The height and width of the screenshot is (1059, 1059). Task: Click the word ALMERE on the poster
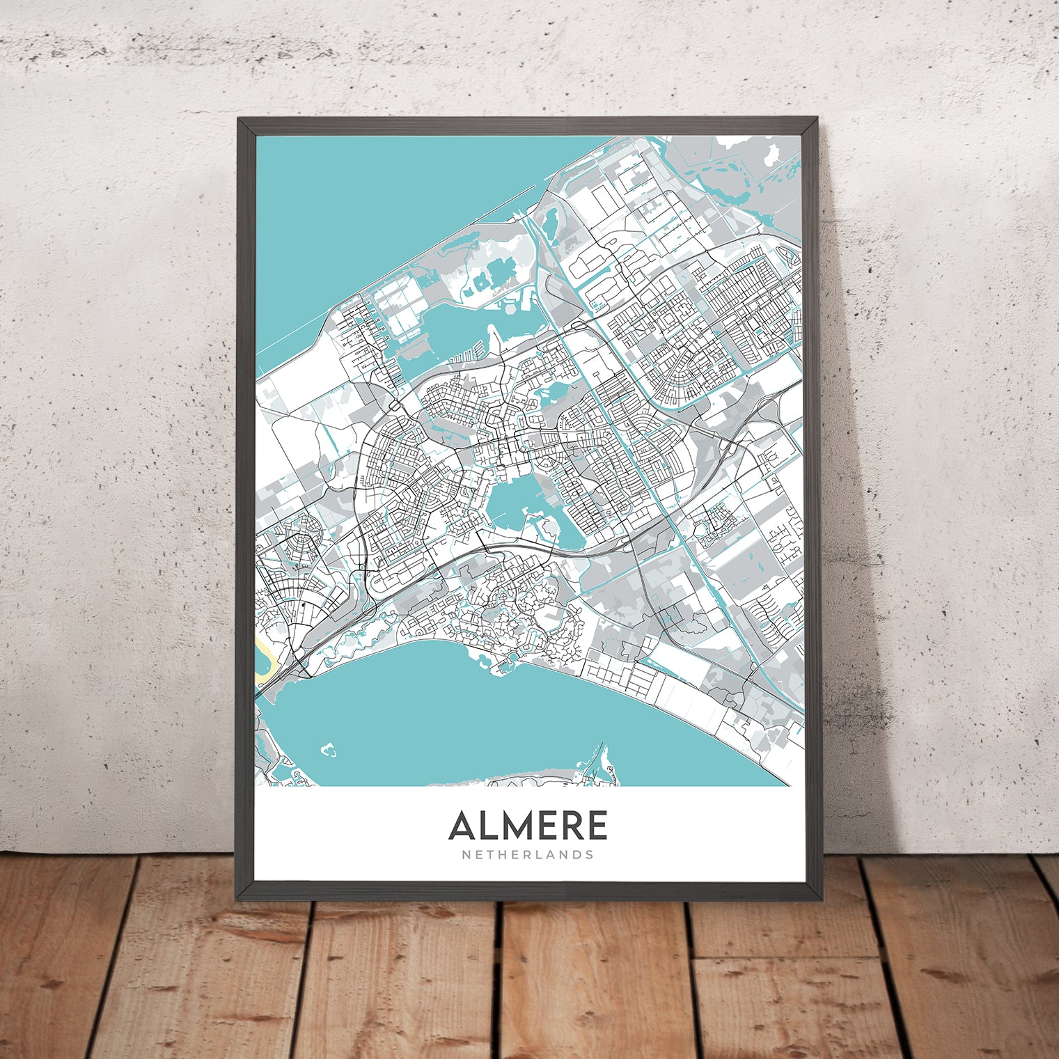click(528, 826)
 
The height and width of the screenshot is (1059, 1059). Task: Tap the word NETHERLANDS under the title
click(528, 854)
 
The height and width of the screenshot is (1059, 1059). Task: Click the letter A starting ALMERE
click(463, 826)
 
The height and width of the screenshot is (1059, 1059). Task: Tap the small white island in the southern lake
click(327, 751)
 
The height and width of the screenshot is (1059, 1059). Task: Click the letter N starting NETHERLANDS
click(465, 854)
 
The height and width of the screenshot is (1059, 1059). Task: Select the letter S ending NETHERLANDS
click(590, 854)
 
